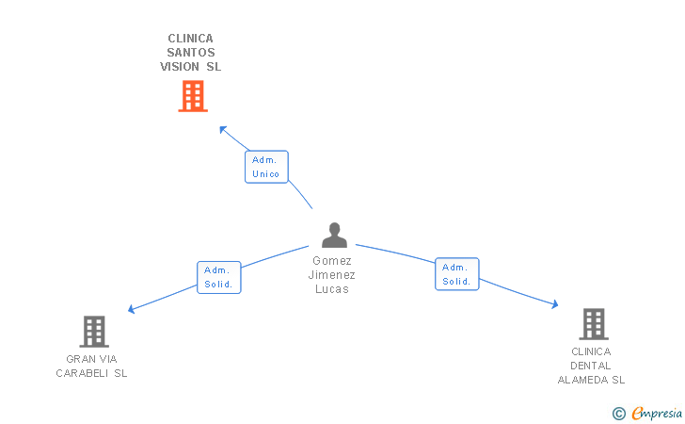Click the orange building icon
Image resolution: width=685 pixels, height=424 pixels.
click(x=193, y=96)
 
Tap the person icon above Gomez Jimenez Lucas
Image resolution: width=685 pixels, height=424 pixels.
click(x=335, y=235)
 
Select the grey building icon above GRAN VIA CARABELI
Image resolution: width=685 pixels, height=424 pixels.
click(x=94, y=332)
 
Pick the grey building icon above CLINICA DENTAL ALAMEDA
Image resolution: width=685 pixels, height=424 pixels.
click(x=594, y=324)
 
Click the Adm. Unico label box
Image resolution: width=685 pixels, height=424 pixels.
click(x=266, y=167)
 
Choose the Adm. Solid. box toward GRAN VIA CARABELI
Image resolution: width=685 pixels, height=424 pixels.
click(x=219, y=277)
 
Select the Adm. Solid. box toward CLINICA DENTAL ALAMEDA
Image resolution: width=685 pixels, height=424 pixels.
click(x=457, y=274)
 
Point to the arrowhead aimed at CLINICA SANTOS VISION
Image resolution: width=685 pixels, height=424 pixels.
click(x=223, y=129)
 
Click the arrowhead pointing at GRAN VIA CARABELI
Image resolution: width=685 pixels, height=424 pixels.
click(x=131, y=309)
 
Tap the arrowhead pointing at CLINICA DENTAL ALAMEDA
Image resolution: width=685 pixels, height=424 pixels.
click(x=555, y=304)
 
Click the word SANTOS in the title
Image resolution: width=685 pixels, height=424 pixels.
click(x=191, y=53)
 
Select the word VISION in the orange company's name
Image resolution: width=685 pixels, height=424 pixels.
click(x=180, y=67)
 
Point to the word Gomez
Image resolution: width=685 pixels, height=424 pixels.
click(x=332, y=261)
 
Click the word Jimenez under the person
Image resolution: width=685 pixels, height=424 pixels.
click(x=331, y=275)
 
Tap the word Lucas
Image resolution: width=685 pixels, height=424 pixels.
click(x=332, y=289)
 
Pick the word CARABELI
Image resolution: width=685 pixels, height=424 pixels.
click(x=82, y=373)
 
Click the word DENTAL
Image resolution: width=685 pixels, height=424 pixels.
click(x=591, y=366)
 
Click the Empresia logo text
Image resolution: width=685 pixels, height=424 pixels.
click(x=657, y=413)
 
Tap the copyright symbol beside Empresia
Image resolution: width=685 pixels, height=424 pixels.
click(x=619, y=414)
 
